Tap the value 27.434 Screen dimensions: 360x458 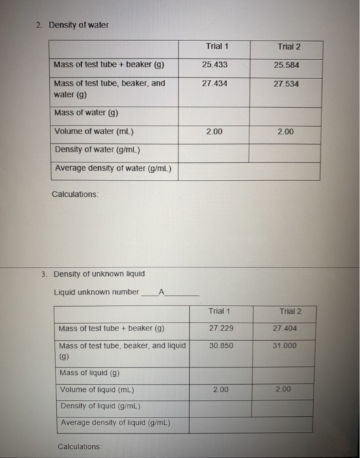(x=213, y=84)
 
